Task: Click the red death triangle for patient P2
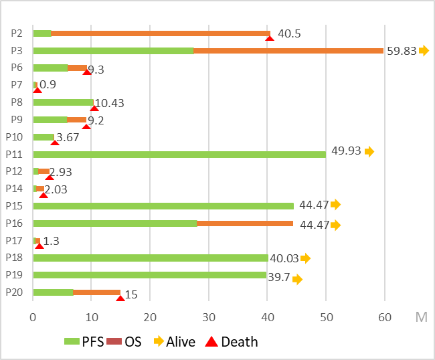(x=270, y=37)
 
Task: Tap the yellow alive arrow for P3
(x=424, y=51)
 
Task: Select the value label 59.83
(x=402, y=51)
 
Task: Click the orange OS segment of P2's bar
(x=161, y=33)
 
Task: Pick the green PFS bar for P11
(x=179, y=154)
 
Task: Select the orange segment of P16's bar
(x=245, y=223)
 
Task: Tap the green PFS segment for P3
(x=112, y=51)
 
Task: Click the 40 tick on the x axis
(x=268, y=317)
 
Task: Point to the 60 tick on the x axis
(x=385, y=317)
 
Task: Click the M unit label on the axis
(x=421, y=317)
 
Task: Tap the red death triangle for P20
(x=120, y=297)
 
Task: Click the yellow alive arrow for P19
(x=297, y=280)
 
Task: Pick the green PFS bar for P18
(x=150, y=258)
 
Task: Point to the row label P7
(x=17, y=84)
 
